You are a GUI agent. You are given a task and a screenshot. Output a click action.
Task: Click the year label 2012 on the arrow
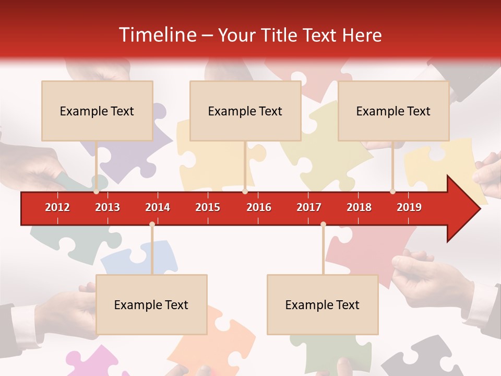(x=57, y=207)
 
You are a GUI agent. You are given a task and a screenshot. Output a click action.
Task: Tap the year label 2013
(x=108, y=207)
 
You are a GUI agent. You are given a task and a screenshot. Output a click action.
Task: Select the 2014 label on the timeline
(x=158, y=207)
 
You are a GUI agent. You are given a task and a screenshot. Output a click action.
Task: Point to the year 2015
(x=208, y=207)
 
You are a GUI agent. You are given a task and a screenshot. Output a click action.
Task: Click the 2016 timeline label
(x=259, y=207)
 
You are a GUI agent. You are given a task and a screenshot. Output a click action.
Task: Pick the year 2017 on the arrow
(x=309, y=207)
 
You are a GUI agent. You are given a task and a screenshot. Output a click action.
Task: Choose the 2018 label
(x=359, y=207)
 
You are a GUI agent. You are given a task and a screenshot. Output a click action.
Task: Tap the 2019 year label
(x=409, y=207)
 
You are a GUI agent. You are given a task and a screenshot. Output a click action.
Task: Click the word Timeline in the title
(x=156, y=35)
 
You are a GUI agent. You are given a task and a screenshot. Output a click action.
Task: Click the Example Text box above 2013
(x=97, y=111)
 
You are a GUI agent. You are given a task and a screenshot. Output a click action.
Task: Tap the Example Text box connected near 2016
(x=245, y=111)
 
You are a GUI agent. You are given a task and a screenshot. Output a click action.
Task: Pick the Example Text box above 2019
(x=393, y=111)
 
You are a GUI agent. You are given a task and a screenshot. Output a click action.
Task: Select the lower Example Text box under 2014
(x=151, y=304)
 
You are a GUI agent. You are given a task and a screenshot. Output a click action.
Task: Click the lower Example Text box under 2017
(x=323, y=304)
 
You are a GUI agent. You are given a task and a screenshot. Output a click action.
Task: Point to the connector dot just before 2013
(x=97, y=192)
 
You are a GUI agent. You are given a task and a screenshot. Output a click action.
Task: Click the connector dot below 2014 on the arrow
(x=152, y=225)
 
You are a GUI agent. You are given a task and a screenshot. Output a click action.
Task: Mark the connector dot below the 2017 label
(x=323, y=225)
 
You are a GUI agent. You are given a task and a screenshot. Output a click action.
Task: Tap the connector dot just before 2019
(x=392, y=192)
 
